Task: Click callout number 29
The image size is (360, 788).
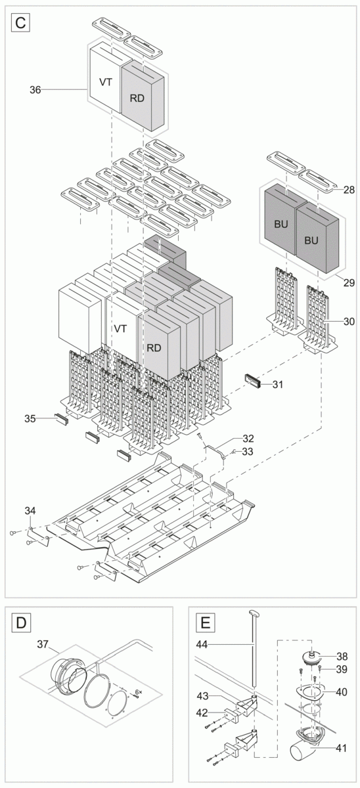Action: click(x=348, y=283)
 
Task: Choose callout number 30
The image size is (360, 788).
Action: click(x=348, y=321)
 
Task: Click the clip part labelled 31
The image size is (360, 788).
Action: click(x=253, y=381)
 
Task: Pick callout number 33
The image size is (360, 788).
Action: click(x=247, y=451)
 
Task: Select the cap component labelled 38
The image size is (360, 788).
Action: click(x=305, y=656)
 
